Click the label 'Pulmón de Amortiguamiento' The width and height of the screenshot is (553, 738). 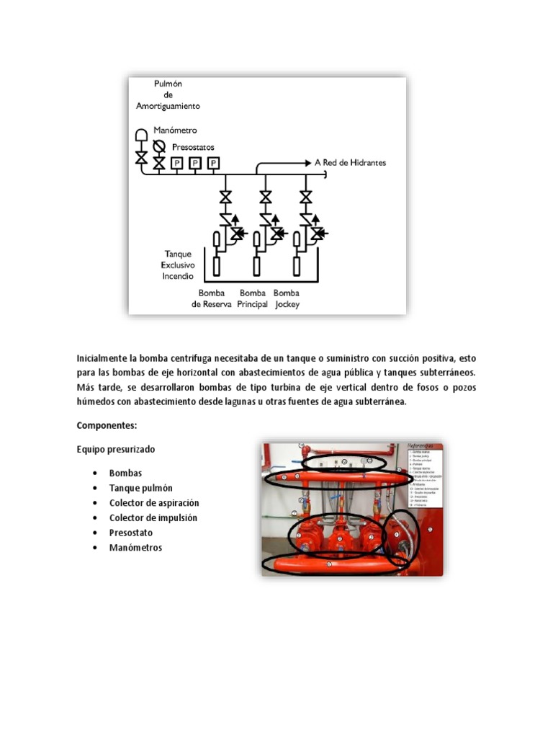[x=168, y=95]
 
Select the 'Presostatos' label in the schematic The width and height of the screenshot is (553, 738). [x=194, y=147]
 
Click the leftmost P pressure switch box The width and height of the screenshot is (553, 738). [x=177, y=164]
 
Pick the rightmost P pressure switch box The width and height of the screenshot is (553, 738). [x=213, y=164]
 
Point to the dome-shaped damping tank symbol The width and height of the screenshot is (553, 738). [x=142, y=135]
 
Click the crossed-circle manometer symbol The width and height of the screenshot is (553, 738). [x=159, y=145]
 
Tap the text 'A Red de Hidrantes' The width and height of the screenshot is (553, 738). [x=351, y=162]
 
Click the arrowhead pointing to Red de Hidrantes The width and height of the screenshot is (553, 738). [x=307, y=163]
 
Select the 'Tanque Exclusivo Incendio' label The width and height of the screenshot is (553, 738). [x=179, y=265]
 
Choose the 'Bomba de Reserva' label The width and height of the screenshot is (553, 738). [x=212, y=298]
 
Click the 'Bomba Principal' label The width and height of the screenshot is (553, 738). [x=252, y=298]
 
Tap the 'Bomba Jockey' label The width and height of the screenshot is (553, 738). [x=287, y=298]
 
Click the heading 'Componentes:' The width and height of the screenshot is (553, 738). [x=106, y=426]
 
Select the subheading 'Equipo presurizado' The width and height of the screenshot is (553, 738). [x=116, y=449]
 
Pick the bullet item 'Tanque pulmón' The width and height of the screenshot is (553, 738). [x=141, y=488]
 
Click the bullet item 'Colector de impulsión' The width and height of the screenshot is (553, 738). [x=153, y=517]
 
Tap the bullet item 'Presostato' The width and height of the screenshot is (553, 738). [x=131, y=533]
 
